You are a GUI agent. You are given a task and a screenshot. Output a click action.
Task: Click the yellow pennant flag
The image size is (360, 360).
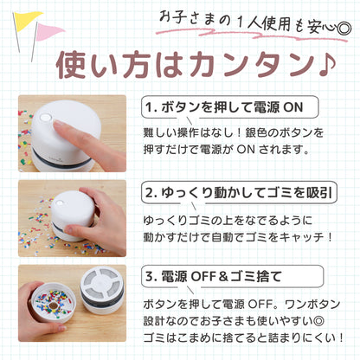[x=26, y=20]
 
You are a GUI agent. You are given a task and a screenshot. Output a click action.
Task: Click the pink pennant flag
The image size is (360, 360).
[x=48, y=31]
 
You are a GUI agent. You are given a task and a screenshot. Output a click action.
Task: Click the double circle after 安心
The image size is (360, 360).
[x=344, y=29]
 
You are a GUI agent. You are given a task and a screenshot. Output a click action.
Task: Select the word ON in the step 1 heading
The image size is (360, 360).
[x=293, y=107]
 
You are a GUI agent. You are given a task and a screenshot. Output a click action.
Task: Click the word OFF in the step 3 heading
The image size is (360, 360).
[x=203, y=277]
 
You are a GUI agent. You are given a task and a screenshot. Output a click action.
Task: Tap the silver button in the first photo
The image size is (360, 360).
[x=45, y=118]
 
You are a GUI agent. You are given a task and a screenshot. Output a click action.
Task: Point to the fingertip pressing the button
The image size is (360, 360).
[x=58, y=124]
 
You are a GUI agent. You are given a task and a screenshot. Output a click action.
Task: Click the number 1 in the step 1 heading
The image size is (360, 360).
[x=149, y=107]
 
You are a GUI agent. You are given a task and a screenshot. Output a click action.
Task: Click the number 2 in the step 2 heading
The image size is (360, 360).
[x=150, y=193]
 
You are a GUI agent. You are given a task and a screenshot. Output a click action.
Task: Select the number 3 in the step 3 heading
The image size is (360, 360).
[x=150, y=277]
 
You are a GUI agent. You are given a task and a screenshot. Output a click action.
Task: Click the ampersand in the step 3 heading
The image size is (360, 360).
[x=223, y=277]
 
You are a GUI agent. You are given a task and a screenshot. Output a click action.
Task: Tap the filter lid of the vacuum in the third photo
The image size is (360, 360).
[x=101, y=285]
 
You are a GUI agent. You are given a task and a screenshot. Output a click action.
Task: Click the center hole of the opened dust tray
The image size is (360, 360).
[x=54, y=305]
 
